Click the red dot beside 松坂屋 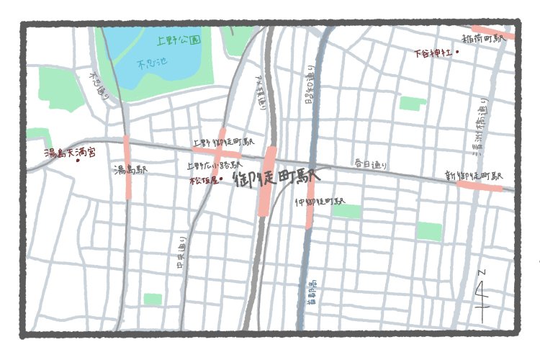pos(222,179)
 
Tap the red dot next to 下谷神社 pos(458,52)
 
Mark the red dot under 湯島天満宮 pos(78,160)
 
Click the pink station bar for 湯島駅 pos(128,166)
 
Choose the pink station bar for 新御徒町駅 pos(479,185)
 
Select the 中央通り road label pos(181,255)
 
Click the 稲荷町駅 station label pos(484,40)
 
